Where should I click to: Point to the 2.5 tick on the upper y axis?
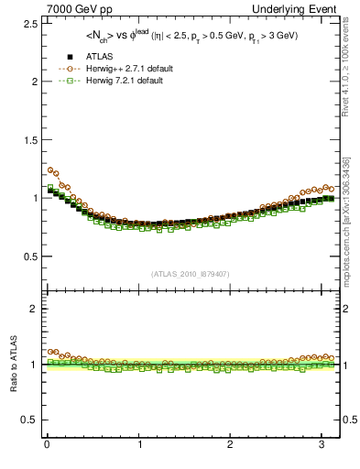click(27, 23)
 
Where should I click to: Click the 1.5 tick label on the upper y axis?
click(27, 139)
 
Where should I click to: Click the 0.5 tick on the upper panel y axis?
click(27, 256)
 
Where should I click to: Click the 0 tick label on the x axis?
click(47, 444)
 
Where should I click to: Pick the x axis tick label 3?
click(322, 444)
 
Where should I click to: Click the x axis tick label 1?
click(138, 444)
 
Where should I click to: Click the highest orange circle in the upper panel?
click(51, 169)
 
